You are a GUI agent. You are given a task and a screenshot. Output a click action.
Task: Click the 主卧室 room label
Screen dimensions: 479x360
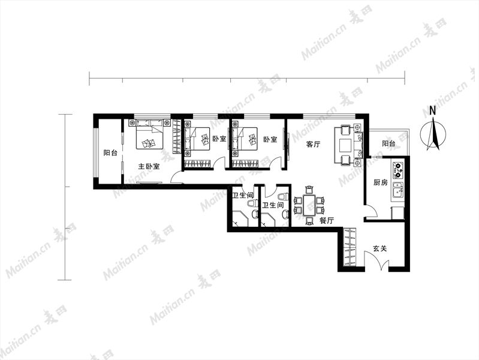tap(149, 167)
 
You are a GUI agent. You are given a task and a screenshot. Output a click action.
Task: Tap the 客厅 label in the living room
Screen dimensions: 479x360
tap(313, 145)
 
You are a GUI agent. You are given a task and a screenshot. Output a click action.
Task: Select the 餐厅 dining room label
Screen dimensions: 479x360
tap(327, 220)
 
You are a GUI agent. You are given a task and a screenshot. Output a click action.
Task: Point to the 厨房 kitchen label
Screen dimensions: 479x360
tap(381, 182)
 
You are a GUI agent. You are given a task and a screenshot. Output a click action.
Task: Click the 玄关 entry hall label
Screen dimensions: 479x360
tap(379, 248)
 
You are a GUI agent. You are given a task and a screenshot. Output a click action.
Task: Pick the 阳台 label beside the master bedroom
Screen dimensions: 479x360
tap(110, 152)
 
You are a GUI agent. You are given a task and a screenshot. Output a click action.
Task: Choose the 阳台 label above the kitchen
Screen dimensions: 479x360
tap(388, 143)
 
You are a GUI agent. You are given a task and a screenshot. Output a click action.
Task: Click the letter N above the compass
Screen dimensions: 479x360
tap(433, 111)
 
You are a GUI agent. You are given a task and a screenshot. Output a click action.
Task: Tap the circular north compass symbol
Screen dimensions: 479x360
tap(433, 134)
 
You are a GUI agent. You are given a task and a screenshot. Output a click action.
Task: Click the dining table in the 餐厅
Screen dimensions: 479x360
tap(309, 205)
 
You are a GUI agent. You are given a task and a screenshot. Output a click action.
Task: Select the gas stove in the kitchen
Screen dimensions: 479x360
tap(397, 170)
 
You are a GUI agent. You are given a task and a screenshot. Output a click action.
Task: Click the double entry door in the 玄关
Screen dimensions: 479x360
tap(376, 260)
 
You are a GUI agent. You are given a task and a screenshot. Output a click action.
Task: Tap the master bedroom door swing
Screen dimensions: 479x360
tap(177, 178)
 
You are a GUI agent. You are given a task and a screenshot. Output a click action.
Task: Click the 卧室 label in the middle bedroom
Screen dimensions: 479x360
tap(219, 139)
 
